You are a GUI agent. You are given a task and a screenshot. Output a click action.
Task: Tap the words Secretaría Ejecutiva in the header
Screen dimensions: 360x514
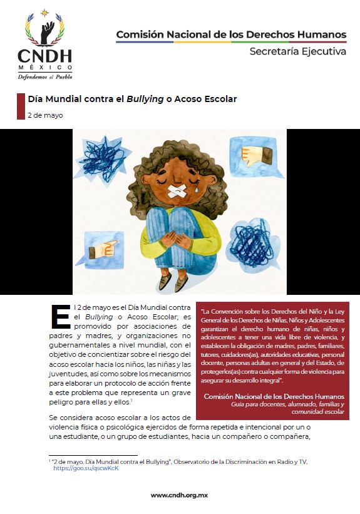click(297, 52)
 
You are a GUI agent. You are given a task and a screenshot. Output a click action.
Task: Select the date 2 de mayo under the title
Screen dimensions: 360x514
click(44, 115)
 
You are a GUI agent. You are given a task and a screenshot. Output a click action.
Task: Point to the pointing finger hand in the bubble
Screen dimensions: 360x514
click(100, 251)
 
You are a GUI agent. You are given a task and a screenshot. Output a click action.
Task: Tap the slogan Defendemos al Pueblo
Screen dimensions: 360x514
click(44, 76)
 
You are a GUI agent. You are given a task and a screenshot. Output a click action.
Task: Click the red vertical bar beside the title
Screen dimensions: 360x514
click(20, 106)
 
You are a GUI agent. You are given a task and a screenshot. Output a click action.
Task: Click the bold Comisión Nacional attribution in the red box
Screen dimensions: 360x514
click(274, 396)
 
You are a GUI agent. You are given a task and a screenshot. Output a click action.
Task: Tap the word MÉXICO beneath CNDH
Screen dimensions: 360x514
click(44, 68)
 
